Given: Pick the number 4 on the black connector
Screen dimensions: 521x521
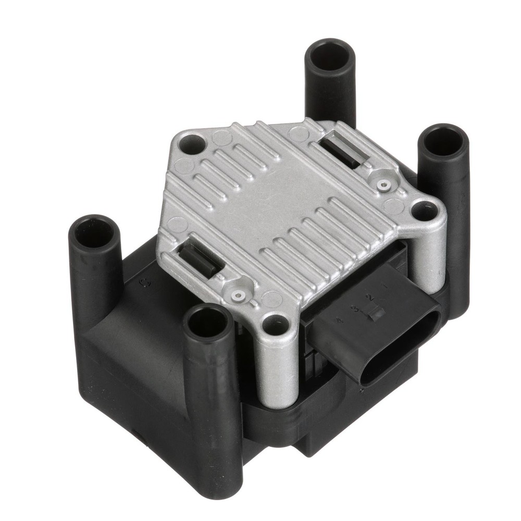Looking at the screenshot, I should (339, 320).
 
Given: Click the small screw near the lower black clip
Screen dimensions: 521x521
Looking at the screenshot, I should (239, 295).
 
